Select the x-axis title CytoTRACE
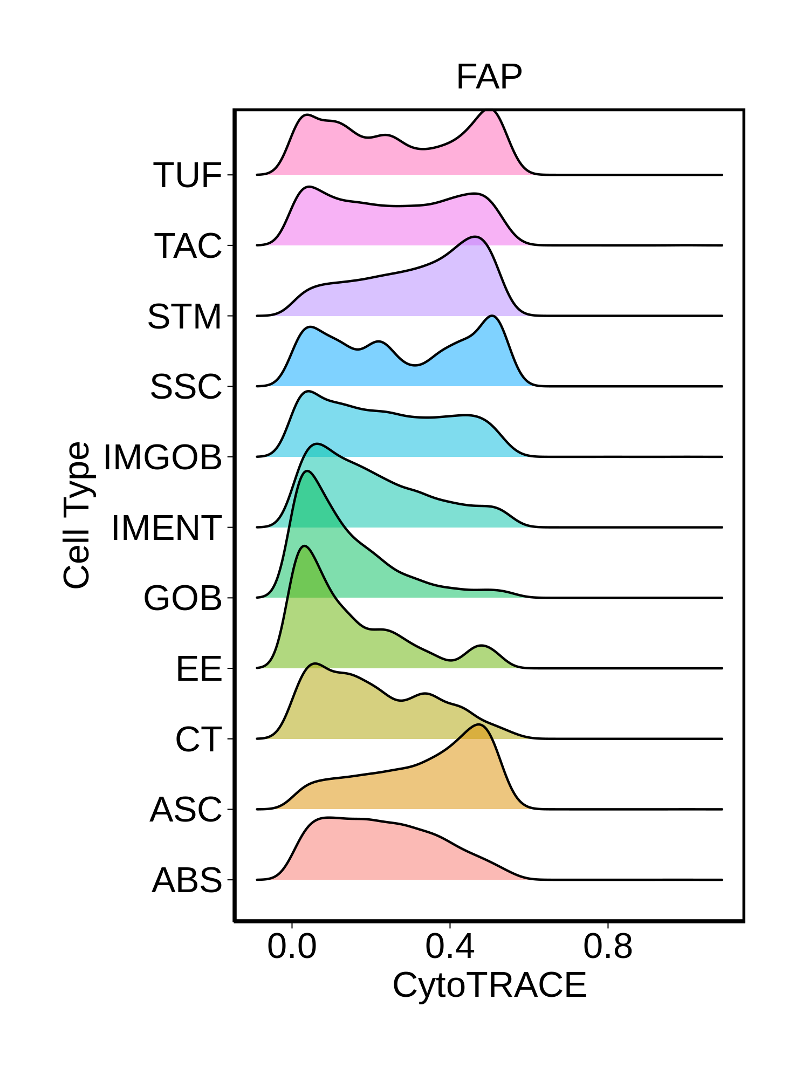pyautogui.click(x=489, y=985)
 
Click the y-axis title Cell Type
pyautogui.click(x=77, y=515)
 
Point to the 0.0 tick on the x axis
pyautogui.click(x=292, y=947)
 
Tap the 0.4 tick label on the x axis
pyautogui.click(x=450, y=947)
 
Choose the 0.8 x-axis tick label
pyautogui.click(x=608, y=947)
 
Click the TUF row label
pyautogui.click(x=188, y=175)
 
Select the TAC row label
pyautogui.click(x=188, y=246)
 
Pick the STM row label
pyautogui.click(x=184, y=317)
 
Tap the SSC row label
pyautogui.click(x=186, y=387)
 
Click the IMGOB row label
pyautogui.click(x=162, y=457)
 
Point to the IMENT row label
pyautogui.click(x=167, y=528)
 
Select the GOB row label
pyautogui.click(x=183, y=598)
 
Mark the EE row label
pyautogui.click(x=199, y=669)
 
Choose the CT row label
pyautogui.click(x=198, y=739)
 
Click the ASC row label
pyautogui.click(x=186, y=810)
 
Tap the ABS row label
pyautogui.click(x=187, y=880)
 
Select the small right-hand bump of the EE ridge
pyautogui.click(x=481, y=646)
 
